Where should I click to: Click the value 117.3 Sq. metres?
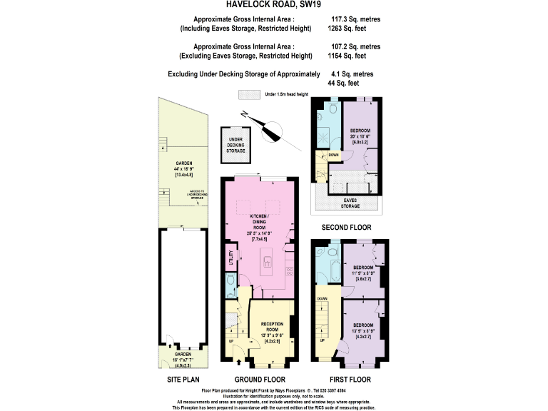pos(355,19)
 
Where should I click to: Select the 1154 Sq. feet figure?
pos(347,56)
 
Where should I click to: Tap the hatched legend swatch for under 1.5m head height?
pos(249,94)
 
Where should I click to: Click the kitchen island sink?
pos(268,260)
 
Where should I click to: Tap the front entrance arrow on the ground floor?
pos(238,363)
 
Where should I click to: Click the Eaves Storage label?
pos(350,203)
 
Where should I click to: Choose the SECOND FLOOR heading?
pos(346,228)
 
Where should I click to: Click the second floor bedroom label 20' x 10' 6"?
pos(360,136)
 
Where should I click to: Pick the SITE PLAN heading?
pos(183,379)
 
